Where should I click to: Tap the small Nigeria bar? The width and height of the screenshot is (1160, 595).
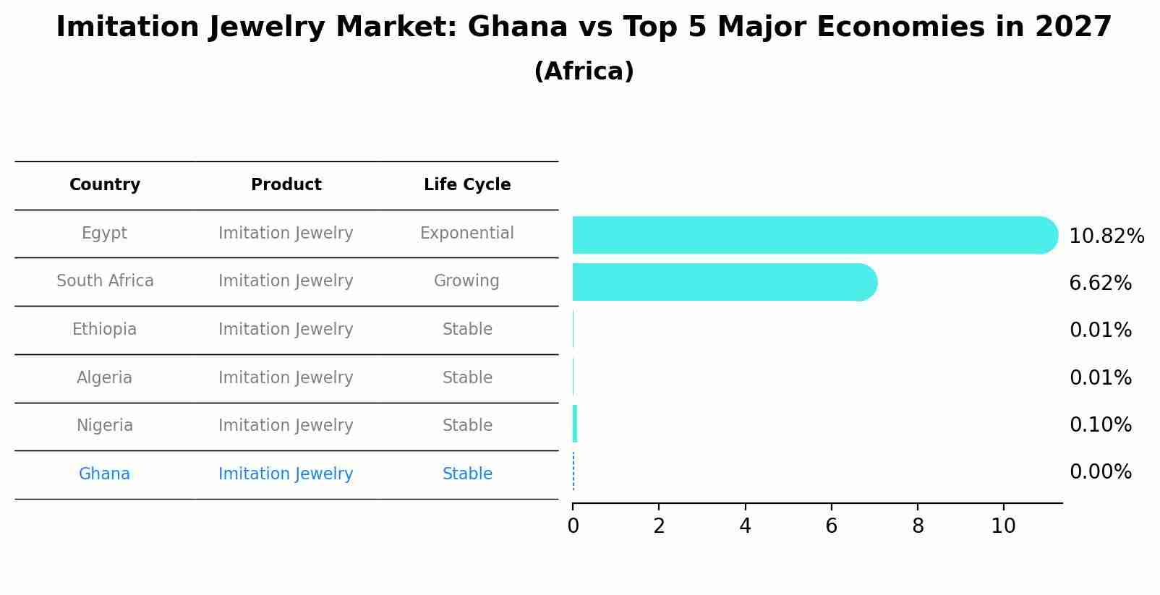click(575, 424)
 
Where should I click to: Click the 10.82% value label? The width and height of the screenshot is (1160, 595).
click(1106, 236)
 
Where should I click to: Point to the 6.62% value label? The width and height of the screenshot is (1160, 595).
click(1100, 283)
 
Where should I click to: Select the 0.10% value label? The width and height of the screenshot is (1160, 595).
click(1100, 425)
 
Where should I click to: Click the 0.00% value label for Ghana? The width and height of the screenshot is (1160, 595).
click(1100, 472)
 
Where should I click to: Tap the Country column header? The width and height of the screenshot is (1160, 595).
click(105, 185)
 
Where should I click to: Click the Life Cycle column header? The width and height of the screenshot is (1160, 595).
click(467, 185)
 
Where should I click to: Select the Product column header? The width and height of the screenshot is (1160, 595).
click(286, 185)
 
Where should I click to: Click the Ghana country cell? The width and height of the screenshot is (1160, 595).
click(105, 474)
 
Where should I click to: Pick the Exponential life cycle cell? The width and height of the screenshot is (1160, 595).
click(466, 234)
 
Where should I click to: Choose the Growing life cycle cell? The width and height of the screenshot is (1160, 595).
click(466, 281)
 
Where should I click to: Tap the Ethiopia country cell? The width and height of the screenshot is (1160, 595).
click(104, 330)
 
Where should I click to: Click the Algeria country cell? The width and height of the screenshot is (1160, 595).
click(104, 378)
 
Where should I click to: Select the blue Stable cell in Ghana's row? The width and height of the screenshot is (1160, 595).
click(467, 474)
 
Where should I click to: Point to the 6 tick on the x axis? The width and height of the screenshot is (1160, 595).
click(831, 526)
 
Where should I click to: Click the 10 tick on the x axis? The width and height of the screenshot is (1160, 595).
click(1003, 526)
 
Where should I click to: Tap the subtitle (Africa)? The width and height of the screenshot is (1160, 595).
click(584, 72)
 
